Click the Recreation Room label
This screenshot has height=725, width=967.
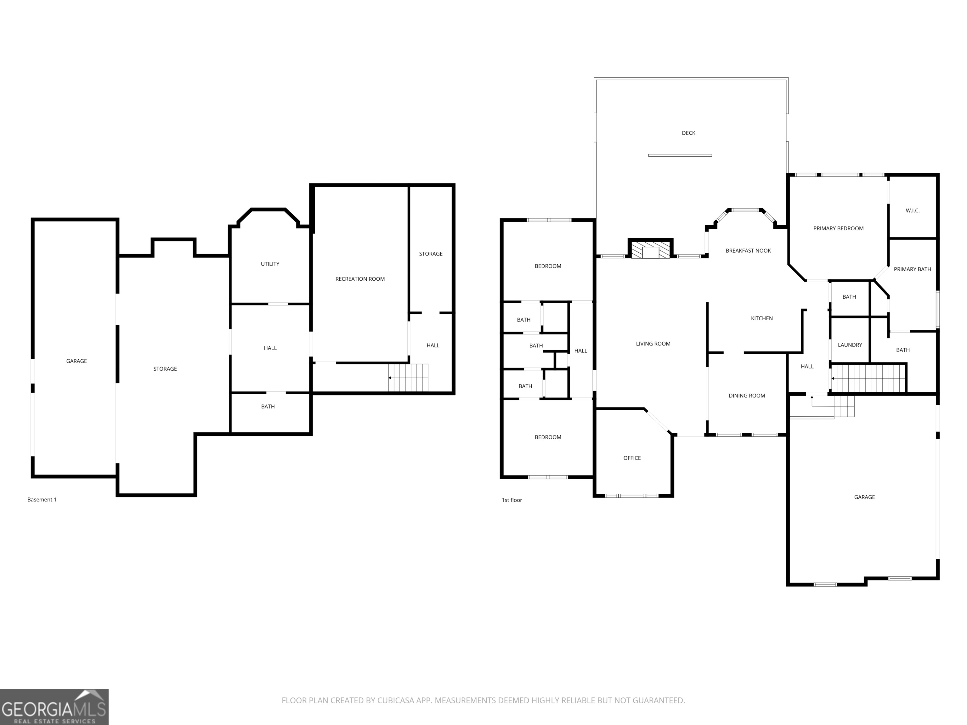(360, 279)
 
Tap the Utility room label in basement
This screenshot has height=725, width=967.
(270, 264)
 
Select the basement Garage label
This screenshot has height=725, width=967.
(76, 361)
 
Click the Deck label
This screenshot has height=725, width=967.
(688, 133)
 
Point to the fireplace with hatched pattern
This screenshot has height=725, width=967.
(651, 251)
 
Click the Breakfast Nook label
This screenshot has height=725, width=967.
(748, 250)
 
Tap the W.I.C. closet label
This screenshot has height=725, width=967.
(912, 211)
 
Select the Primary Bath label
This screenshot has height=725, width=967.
(912, 269)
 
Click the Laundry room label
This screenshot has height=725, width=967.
(849, 345)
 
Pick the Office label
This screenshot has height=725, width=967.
(632, 458)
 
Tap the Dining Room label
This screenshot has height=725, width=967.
(747, 396)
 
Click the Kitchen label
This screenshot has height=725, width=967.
(761, 318)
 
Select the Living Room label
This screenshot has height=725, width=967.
(653, 344)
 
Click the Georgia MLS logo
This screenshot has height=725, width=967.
(54, 707)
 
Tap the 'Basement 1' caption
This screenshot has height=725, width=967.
(42, 499)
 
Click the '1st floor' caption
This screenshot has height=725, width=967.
(512, 500)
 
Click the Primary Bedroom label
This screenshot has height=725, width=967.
(838, 228)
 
